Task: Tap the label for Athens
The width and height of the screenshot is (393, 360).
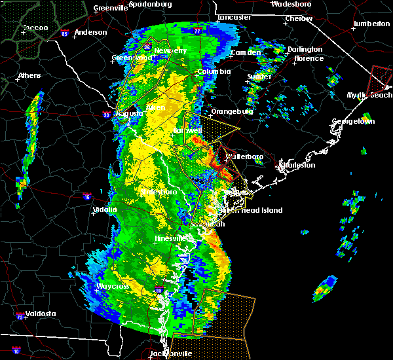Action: tap(29, 75)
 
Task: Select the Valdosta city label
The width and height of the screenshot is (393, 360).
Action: tap(41, 314)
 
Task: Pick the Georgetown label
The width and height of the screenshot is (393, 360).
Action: tap(353, 122)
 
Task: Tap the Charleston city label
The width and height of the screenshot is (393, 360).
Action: tap(299, 166)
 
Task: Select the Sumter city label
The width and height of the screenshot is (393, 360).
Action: tap(259, 77)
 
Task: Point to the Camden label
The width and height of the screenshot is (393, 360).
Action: tap(246, 52)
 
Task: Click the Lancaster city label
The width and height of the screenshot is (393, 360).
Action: tap(234, 17)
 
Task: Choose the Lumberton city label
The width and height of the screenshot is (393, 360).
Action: tap(371, 24)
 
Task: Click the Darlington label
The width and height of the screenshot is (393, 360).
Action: tap(305, 49)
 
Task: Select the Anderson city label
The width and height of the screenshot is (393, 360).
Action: tap(90, 32)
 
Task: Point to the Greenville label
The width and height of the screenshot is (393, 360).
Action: tap(110, 9)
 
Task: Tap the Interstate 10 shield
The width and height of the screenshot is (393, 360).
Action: tap(16, 351)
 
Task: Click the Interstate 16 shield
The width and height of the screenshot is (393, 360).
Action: tap(87, 196)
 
